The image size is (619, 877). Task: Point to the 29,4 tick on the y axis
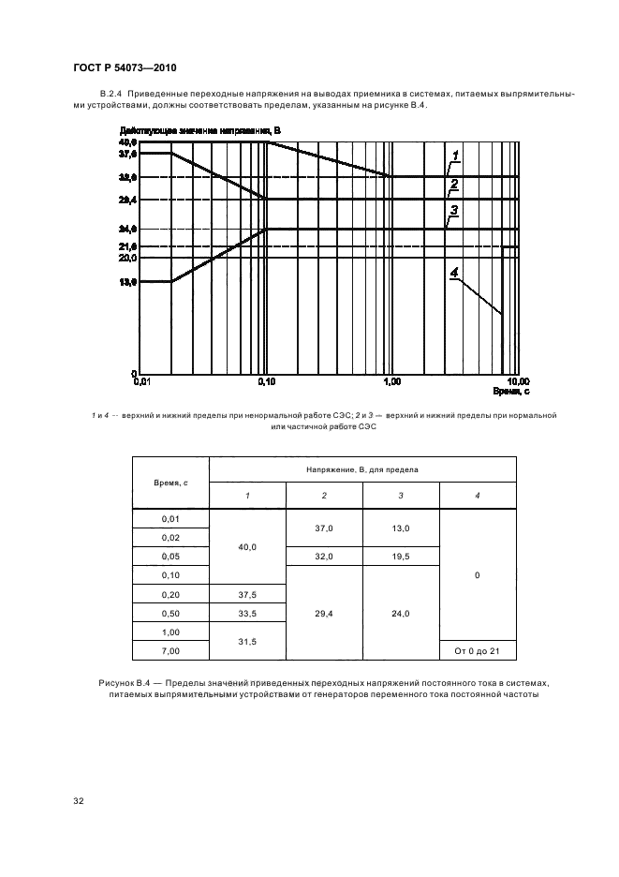pyautogui.click(x=127, y=200)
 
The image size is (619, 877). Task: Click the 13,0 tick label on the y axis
pyautogui.click(x=127, y=281)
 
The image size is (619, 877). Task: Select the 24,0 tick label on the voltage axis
pyautogui.click(x=127, y=229)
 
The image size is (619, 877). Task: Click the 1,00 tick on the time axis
pyautogui.click(x=391, y=382)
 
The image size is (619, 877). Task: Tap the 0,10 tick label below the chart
pyautogui.click(x=266, y=382)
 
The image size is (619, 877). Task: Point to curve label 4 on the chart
pyautogui.click(x=453, y=274)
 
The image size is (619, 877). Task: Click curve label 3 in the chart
pyautogui.click(x=453, y=211)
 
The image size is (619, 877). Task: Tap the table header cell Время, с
pyautogui.click(x=170, y=482)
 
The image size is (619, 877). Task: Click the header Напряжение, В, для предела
pyautogui.click(x=361, y=468)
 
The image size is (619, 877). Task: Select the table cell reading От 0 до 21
pyautogui.click(x=477, y=649)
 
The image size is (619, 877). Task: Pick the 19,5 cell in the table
pyautogui.click(x=400, y=556)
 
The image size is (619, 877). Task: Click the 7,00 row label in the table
pyautogui.click(x=170, y=649)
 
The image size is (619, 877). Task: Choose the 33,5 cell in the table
pyautogui.click(x=247, y=612)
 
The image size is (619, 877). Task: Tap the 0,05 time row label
pyautogui.click(x=170, y=556)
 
